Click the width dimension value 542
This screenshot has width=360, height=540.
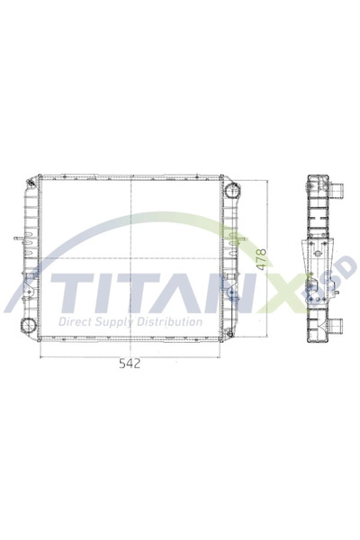click(x=131, y=364)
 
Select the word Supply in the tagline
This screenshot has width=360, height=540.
click(x=121, y=322)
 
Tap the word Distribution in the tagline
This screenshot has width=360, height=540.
click(x=172, y=322)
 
